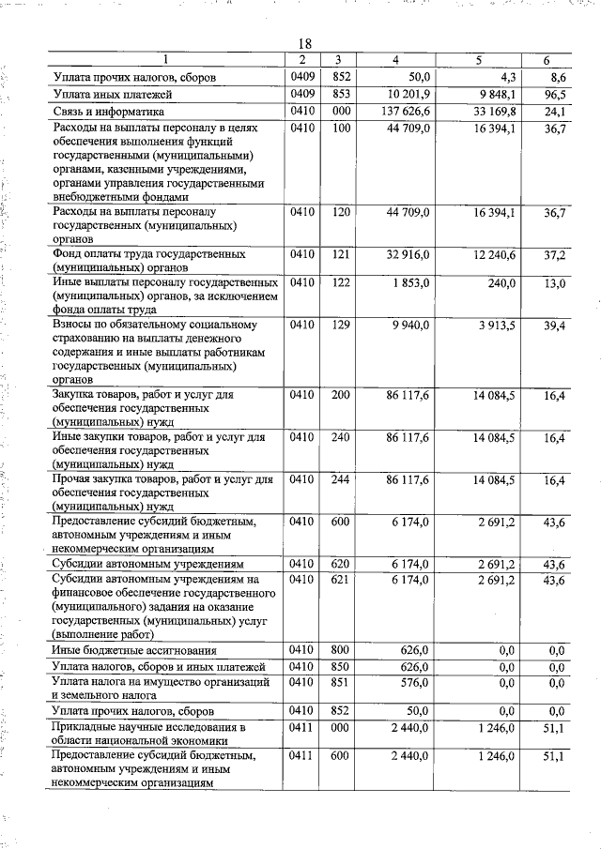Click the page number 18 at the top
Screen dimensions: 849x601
[304, 43]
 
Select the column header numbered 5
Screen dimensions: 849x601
[478, 61]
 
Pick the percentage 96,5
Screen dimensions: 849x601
[558, 95]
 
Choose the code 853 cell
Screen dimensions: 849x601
[339, 95]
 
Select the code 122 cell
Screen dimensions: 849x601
[339, 283]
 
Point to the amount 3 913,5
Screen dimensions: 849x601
[495, 326]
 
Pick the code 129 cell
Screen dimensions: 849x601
[339, 326]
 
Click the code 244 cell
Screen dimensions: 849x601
[339, 480]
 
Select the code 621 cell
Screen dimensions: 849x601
[339, 581]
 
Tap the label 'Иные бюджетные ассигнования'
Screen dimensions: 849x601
[134, 650]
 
